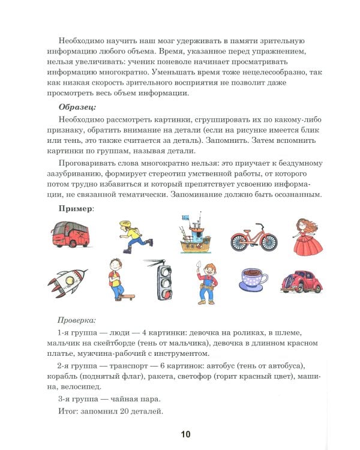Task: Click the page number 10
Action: tap(185, 434)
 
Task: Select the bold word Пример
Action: tap(75, 208)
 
